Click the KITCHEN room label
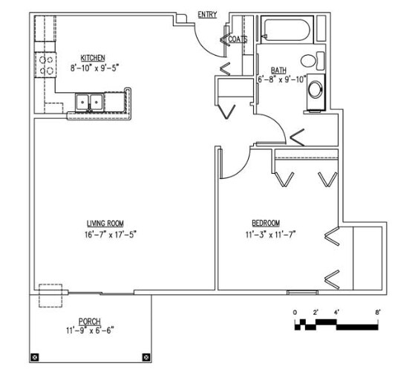pyautogui.click(x=92, y=57)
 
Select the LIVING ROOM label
pyautogui.click(x=105, y=224)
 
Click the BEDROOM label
pyautogui.click(x=265, y=223)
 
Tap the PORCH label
pyautogui.click(x=89, y=322)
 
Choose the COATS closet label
pyautogui.click(x=238, y=39)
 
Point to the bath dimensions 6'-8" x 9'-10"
pyautogui.click(x=281, y=79)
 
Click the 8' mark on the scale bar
pyautogui.click(x=379, y=312)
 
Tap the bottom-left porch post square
pyautogui.click(x=34, y=358)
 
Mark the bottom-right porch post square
pyautogui.click(x=146, y=358)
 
